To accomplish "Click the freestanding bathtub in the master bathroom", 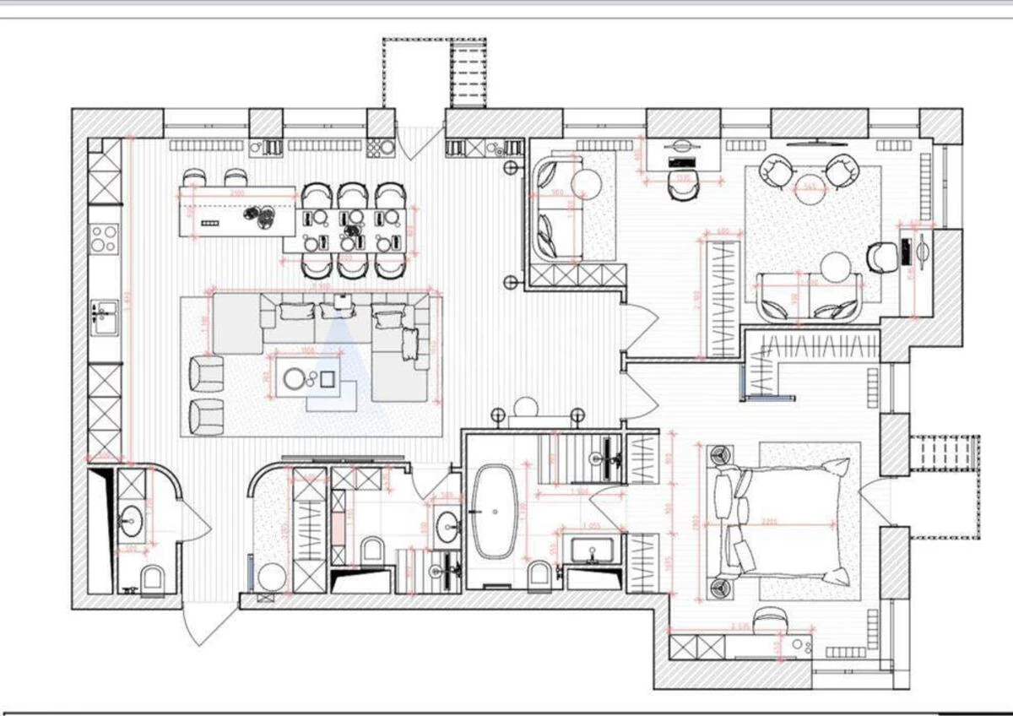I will (491, 512).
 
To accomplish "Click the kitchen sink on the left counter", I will (104, 317).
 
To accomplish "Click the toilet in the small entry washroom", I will (153, 579).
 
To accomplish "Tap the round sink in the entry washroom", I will (131, 521).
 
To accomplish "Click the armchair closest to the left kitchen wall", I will (207, 372).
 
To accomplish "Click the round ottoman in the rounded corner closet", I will (273, 578).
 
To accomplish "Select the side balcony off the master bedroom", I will (945, 485).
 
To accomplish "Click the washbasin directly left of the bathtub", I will (447, 528).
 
